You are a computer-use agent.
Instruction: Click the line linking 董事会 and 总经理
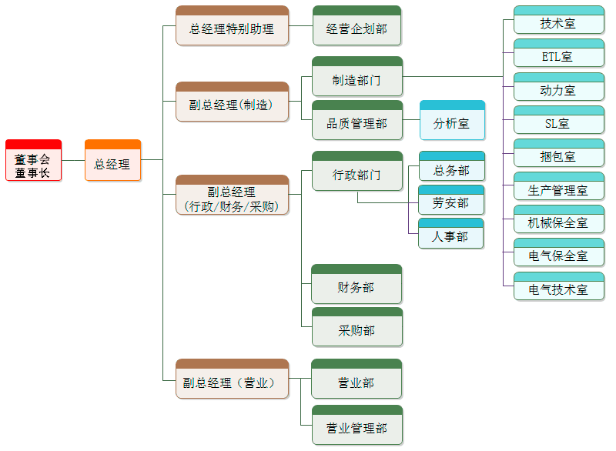tap(72, 160)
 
